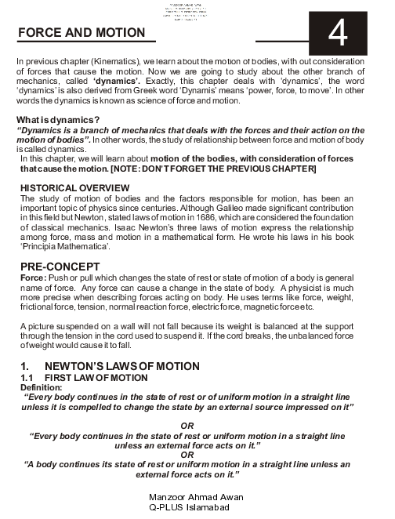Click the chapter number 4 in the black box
point(339,33)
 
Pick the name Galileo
point(223,208)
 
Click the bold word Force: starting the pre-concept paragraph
point(31,278)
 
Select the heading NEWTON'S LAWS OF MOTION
point(126,366)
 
